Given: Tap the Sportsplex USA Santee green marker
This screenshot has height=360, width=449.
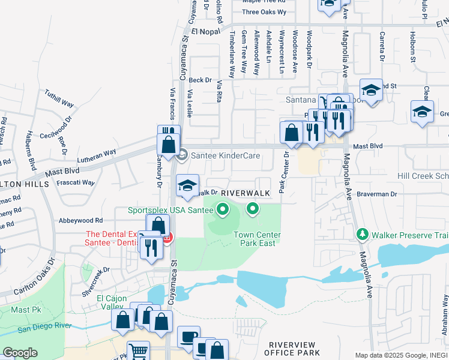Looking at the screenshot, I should pos(223,209).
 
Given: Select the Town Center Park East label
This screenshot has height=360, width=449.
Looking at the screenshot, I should pos(255,239).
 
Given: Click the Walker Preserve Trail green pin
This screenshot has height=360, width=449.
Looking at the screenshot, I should pos(362,233).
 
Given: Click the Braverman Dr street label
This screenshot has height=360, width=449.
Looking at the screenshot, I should pos(378,194).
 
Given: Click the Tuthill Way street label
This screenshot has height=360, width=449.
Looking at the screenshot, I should pos(59,99).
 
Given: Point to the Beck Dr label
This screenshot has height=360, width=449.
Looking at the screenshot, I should pos(200,80).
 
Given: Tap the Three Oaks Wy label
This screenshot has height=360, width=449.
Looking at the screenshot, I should pos(265,12).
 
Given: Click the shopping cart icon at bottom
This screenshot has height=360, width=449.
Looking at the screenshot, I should pos(139,351).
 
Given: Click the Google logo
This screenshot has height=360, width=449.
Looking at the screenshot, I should pos(20,353).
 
